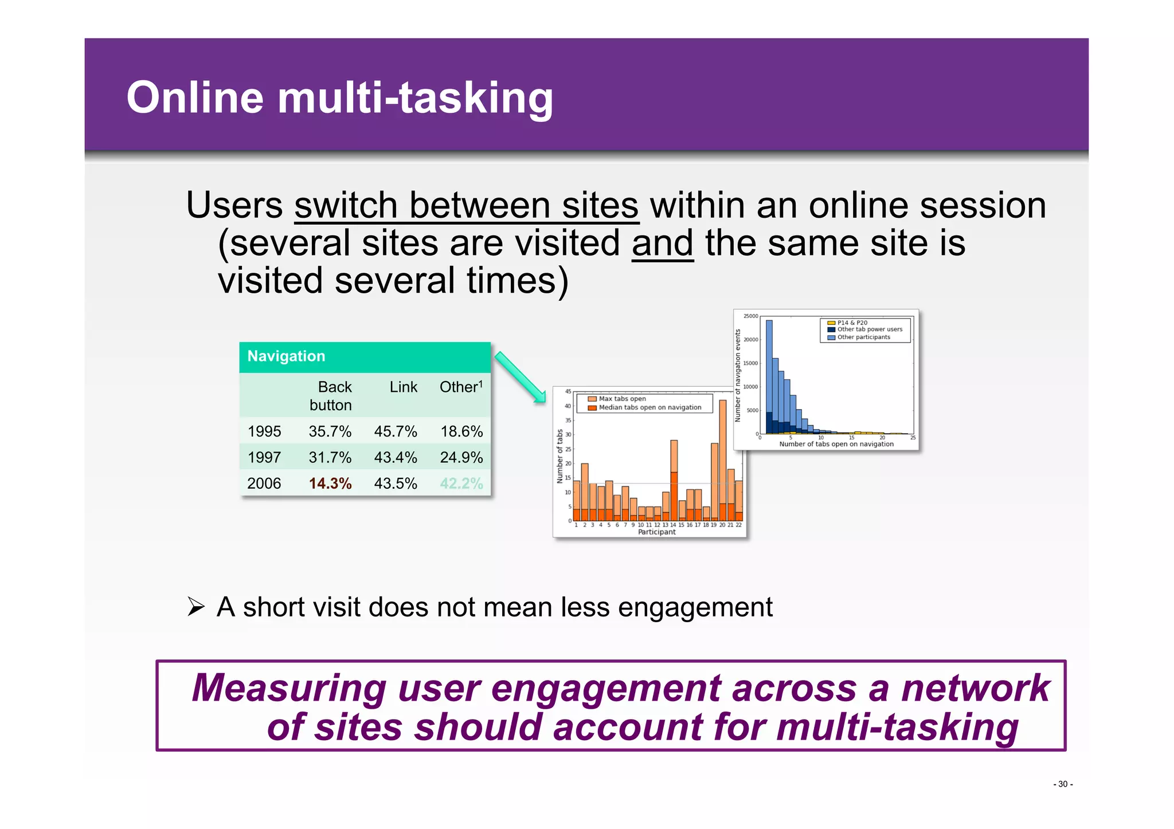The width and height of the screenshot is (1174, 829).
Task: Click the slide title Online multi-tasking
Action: (339, 98)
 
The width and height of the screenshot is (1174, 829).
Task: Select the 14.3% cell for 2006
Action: (330, 484)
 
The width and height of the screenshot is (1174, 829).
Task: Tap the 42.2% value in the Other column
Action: (461, 484)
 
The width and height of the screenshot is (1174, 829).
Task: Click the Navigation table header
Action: (286, 356)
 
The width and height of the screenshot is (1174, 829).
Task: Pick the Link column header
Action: (403, 387)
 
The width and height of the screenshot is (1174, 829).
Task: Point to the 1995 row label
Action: (264, 431)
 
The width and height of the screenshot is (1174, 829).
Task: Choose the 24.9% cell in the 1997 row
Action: (461, 457)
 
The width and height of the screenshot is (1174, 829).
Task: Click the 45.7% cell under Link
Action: (395, 431)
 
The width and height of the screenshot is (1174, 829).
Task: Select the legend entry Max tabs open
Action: (622, 399)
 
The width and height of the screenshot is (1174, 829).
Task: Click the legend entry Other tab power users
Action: (869, 329)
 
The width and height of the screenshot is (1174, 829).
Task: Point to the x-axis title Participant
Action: (657, 532)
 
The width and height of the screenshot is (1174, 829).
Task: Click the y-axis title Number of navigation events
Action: (738, 375)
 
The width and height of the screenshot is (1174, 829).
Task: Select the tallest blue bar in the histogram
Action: (769, 372)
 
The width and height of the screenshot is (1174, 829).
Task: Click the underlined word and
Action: (663, 243)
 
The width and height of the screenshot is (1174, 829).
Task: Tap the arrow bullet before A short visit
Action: (196, 607)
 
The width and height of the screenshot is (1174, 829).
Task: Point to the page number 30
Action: (1062, 784)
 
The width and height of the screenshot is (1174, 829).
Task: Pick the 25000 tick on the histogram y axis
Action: (750, 316)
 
